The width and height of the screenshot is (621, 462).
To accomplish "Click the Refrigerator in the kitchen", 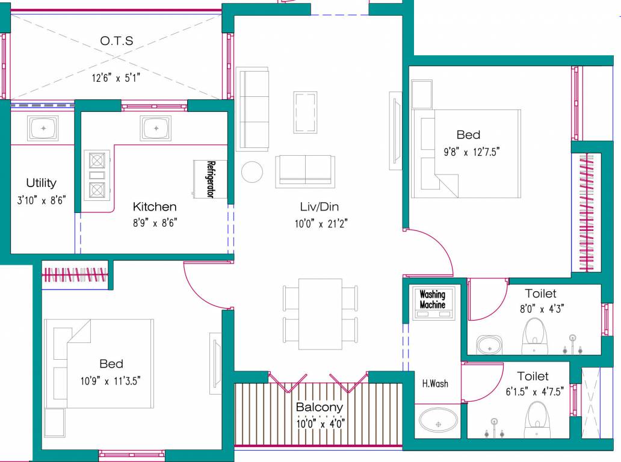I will click(209, 179).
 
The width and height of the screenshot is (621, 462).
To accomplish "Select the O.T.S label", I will click(117, 41).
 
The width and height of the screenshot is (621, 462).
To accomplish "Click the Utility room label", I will click(41, 183).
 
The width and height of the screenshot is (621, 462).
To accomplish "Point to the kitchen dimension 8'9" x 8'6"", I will click(155, 223).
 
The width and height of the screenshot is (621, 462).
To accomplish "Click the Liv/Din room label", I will click(320, 207).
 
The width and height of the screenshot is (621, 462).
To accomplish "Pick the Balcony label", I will click(320, 407).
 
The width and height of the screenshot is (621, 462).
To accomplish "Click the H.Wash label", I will click(434, 383).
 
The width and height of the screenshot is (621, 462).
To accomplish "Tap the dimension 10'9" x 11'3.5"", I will click(111, 380).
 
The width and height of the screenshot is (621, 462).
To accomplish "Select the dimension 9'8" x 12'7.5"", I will click(468, 152).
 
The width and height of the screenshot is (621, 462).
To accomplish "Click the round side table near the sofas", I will click(252, 172).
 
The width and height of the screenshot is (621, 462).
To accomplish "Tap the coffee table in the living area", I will click(305, 112).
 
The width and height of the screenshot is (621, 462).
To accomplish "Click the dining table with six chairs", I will click(320, 313).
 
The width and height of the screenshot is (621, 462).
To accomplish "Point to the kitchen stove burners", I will click(96, 175).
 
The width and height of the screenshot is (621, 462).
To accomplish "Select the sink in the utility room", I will click(42, 128).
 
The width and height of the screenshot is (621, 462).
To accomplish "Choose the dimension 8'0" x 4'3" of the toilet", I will click(540, 309).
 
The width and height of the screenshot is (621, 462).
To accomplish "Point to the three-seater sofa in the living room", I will click(253, 109).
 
